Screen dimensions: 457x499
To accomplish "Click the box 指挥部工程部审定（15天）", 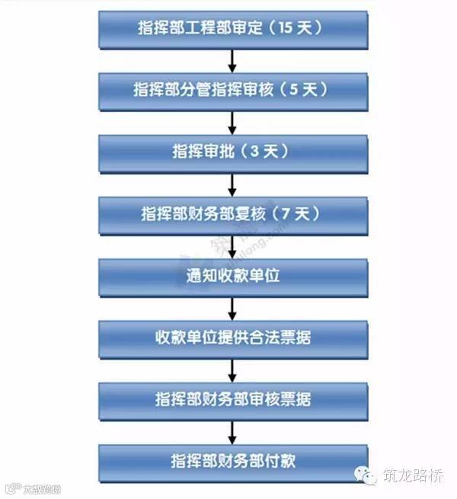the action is point(232,28).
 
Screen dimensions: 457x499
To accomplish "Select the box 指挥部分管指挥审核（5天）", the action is point(232,90).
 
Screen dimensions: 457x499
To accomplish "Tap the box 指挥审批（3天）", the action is point(232,152).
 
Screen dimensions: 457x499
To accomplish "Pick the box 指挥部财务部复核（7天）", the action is point(232,214).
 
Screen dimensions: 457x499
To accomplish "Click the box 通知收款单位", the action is point(232,276).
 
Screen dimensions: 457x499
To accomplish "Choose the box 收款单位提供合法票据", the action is point(232,337).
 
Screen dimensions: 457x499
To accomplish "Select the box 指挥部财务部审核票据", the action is point(232,399).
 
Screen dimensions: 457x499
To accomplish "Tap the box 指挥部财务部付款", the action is point(232,462).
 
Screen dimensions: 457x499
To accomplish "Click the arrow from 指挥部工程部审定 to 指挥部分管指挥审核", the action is point(232,59).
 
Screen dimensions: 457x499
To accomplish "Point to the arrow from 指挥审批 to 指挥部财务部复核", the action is point(232,183).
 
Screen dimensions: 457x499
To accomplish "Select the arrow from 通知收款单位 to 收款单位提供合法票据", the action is point(232,306).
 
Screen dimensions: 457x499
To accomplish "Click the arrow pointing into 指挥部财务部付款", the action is point(232,430).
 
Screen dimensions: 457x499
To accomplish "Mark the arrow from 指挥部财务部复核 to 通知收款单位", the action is point(232,245).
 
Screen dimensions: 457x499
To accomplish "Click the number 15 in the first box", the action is point(286,28).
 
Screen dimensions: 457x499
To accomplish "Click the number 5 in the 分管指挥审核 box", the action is point(296,90).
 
